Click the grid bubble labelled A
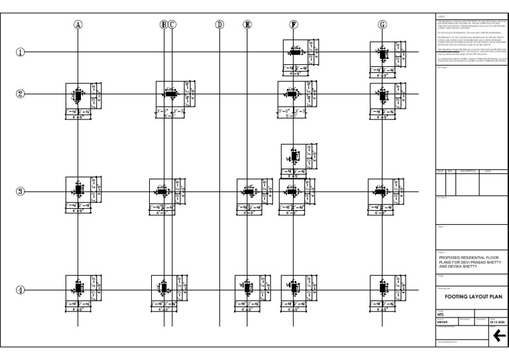point(78,25)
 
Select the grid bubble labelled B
point(164,25)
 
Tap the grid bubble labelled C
point(172,25)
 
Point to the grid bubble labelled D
point(219,25)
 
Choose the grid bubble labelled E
point(248,25)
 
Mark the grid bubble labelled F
point(294,25)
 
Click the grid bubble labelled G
point(382,25)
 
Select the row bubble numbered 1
point(21,52)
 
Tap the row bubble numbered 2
point(21,93)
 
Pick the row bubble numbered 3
point(21,192)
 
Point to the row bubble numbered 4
point(21,290)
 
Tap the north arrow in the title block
point(498,336)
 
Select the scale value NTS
point(440,314)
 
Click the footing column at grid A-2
point(78,95)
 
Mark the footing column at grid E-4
point(249,289)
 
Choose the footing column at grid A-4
point(78,289)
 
